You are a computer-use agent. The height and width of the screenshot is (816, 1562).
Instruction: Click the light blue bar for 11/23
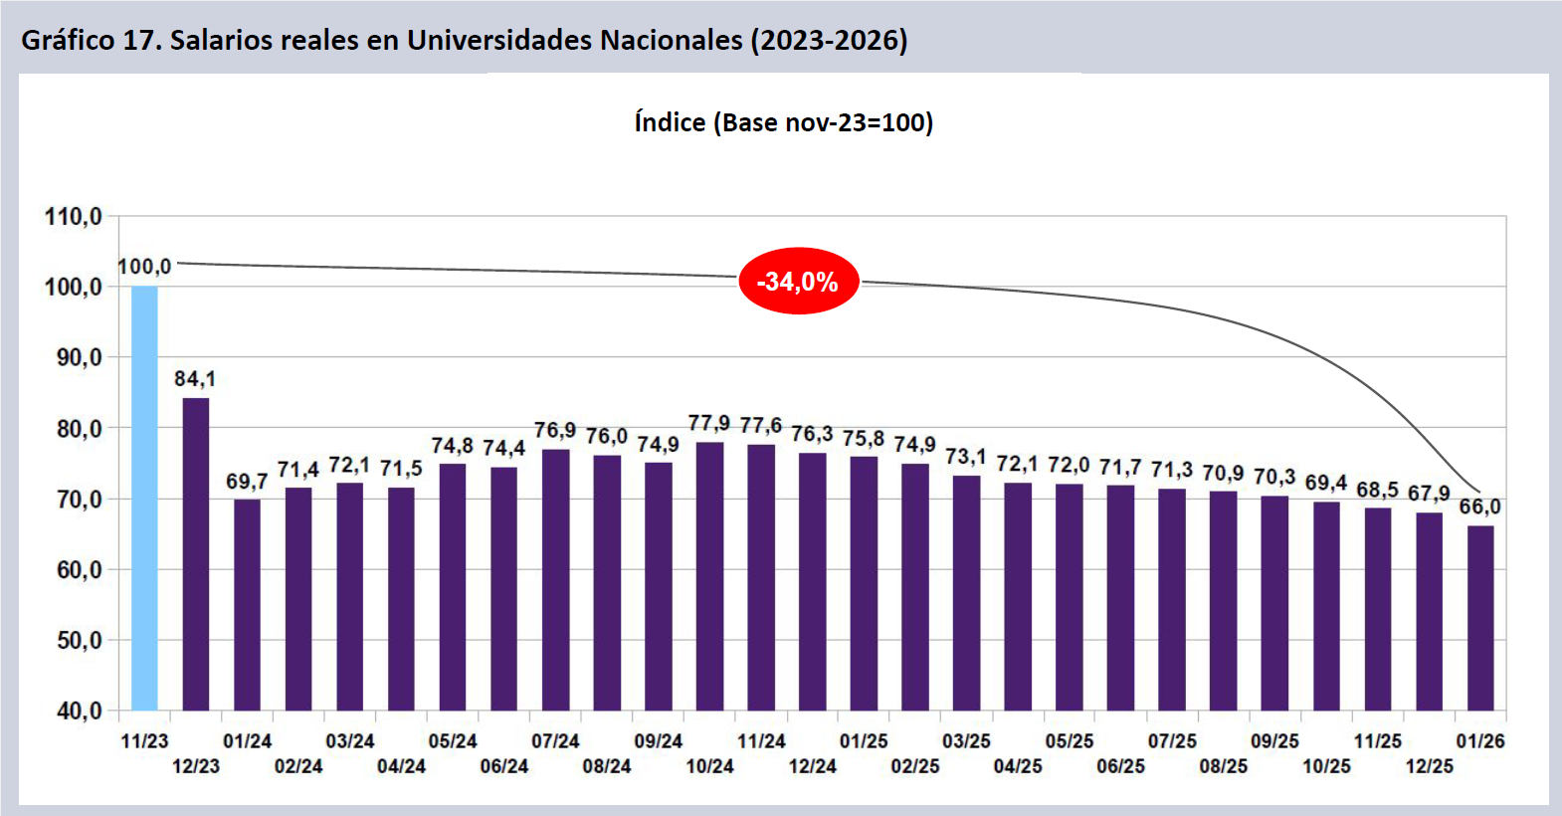point(144,498)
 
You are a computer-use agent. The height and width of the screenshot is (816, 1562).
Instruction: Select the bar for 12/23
point(196,553)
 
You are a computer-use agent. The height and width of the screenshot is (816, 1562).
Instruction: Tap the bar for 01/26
point(1480,617)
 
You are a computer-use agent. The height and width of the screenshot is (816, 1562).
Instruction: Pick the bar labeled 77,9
point(709,575)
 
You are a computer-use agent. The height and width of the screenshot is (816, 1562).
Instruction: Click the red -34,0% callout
point(798,282)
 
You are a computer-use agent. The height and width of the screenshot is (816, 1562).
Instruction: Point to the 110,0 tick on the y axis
point(74,217)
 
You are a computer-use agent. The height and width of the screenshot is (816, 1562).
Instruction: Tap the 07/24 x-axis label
point(555,741)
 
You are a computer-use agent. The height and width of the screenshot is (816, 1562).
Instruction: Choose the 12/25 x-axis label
point(1429,766)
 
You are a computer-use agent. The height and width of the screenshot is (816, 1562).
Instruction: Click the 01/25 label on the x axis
point(864,741)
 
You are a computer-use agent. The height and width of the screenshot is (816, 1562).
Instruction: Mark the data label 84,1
point(195,379)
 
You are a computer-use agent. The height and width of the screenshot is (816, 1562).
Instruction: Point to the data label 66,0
point(1479,507)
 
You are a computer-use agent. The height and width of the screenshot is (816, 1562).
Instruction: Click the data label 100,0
point(144,267)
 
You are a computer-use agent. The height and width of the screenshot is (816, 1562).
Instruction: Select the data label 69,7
point(247,482)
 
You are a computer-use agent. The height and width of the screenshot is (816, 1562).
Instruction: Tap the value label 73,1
point(965,457)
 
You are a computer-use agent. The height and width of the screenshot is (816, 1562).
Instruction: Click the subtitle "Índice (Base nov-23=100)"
point(783,122)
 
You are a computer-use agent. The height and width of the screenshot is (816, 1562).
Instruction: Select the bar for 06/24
point(504,588)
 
